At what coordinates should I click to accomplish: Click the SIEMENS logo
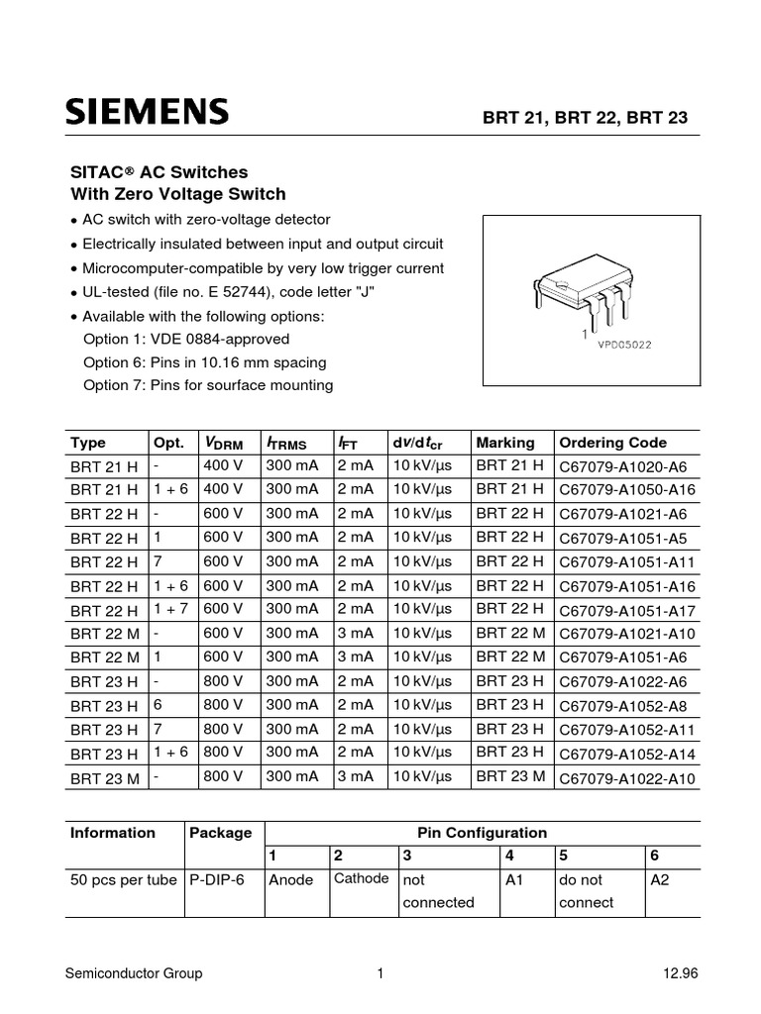(x=147, y=112)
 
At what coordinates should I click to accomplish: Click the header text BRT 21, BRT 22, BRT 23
(x=584, y=117)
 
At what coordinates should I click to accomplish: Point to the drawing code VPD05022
(x=623, y=345)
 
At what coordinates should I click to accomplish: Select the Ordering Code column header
(x=612, y=443)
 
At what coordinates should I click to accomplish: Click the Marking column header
(x=504, y=443)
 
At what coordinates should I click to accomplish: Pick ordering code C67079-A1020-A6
(x=622, y=466)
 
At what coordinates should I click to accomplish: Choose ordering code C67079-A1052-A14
(x=626, y=755)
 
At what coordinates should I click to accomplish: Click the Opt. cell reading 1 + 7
(x=170, y=609)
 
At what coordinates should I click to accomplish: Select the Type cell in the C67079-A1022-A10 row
(x=104, y=779)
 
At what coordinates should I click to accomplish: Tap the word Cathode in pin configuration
(x=361, y=878)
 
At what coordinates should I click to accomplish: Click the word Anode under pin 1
(x=290, y=879)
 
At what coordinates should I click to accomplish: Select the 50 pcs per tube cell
(x=123, y=879)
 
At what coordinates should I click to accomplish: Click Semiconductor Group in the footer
(x=134, y=973)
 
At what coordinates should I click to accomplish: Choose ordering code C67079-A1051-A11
(x=626, y=562)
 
